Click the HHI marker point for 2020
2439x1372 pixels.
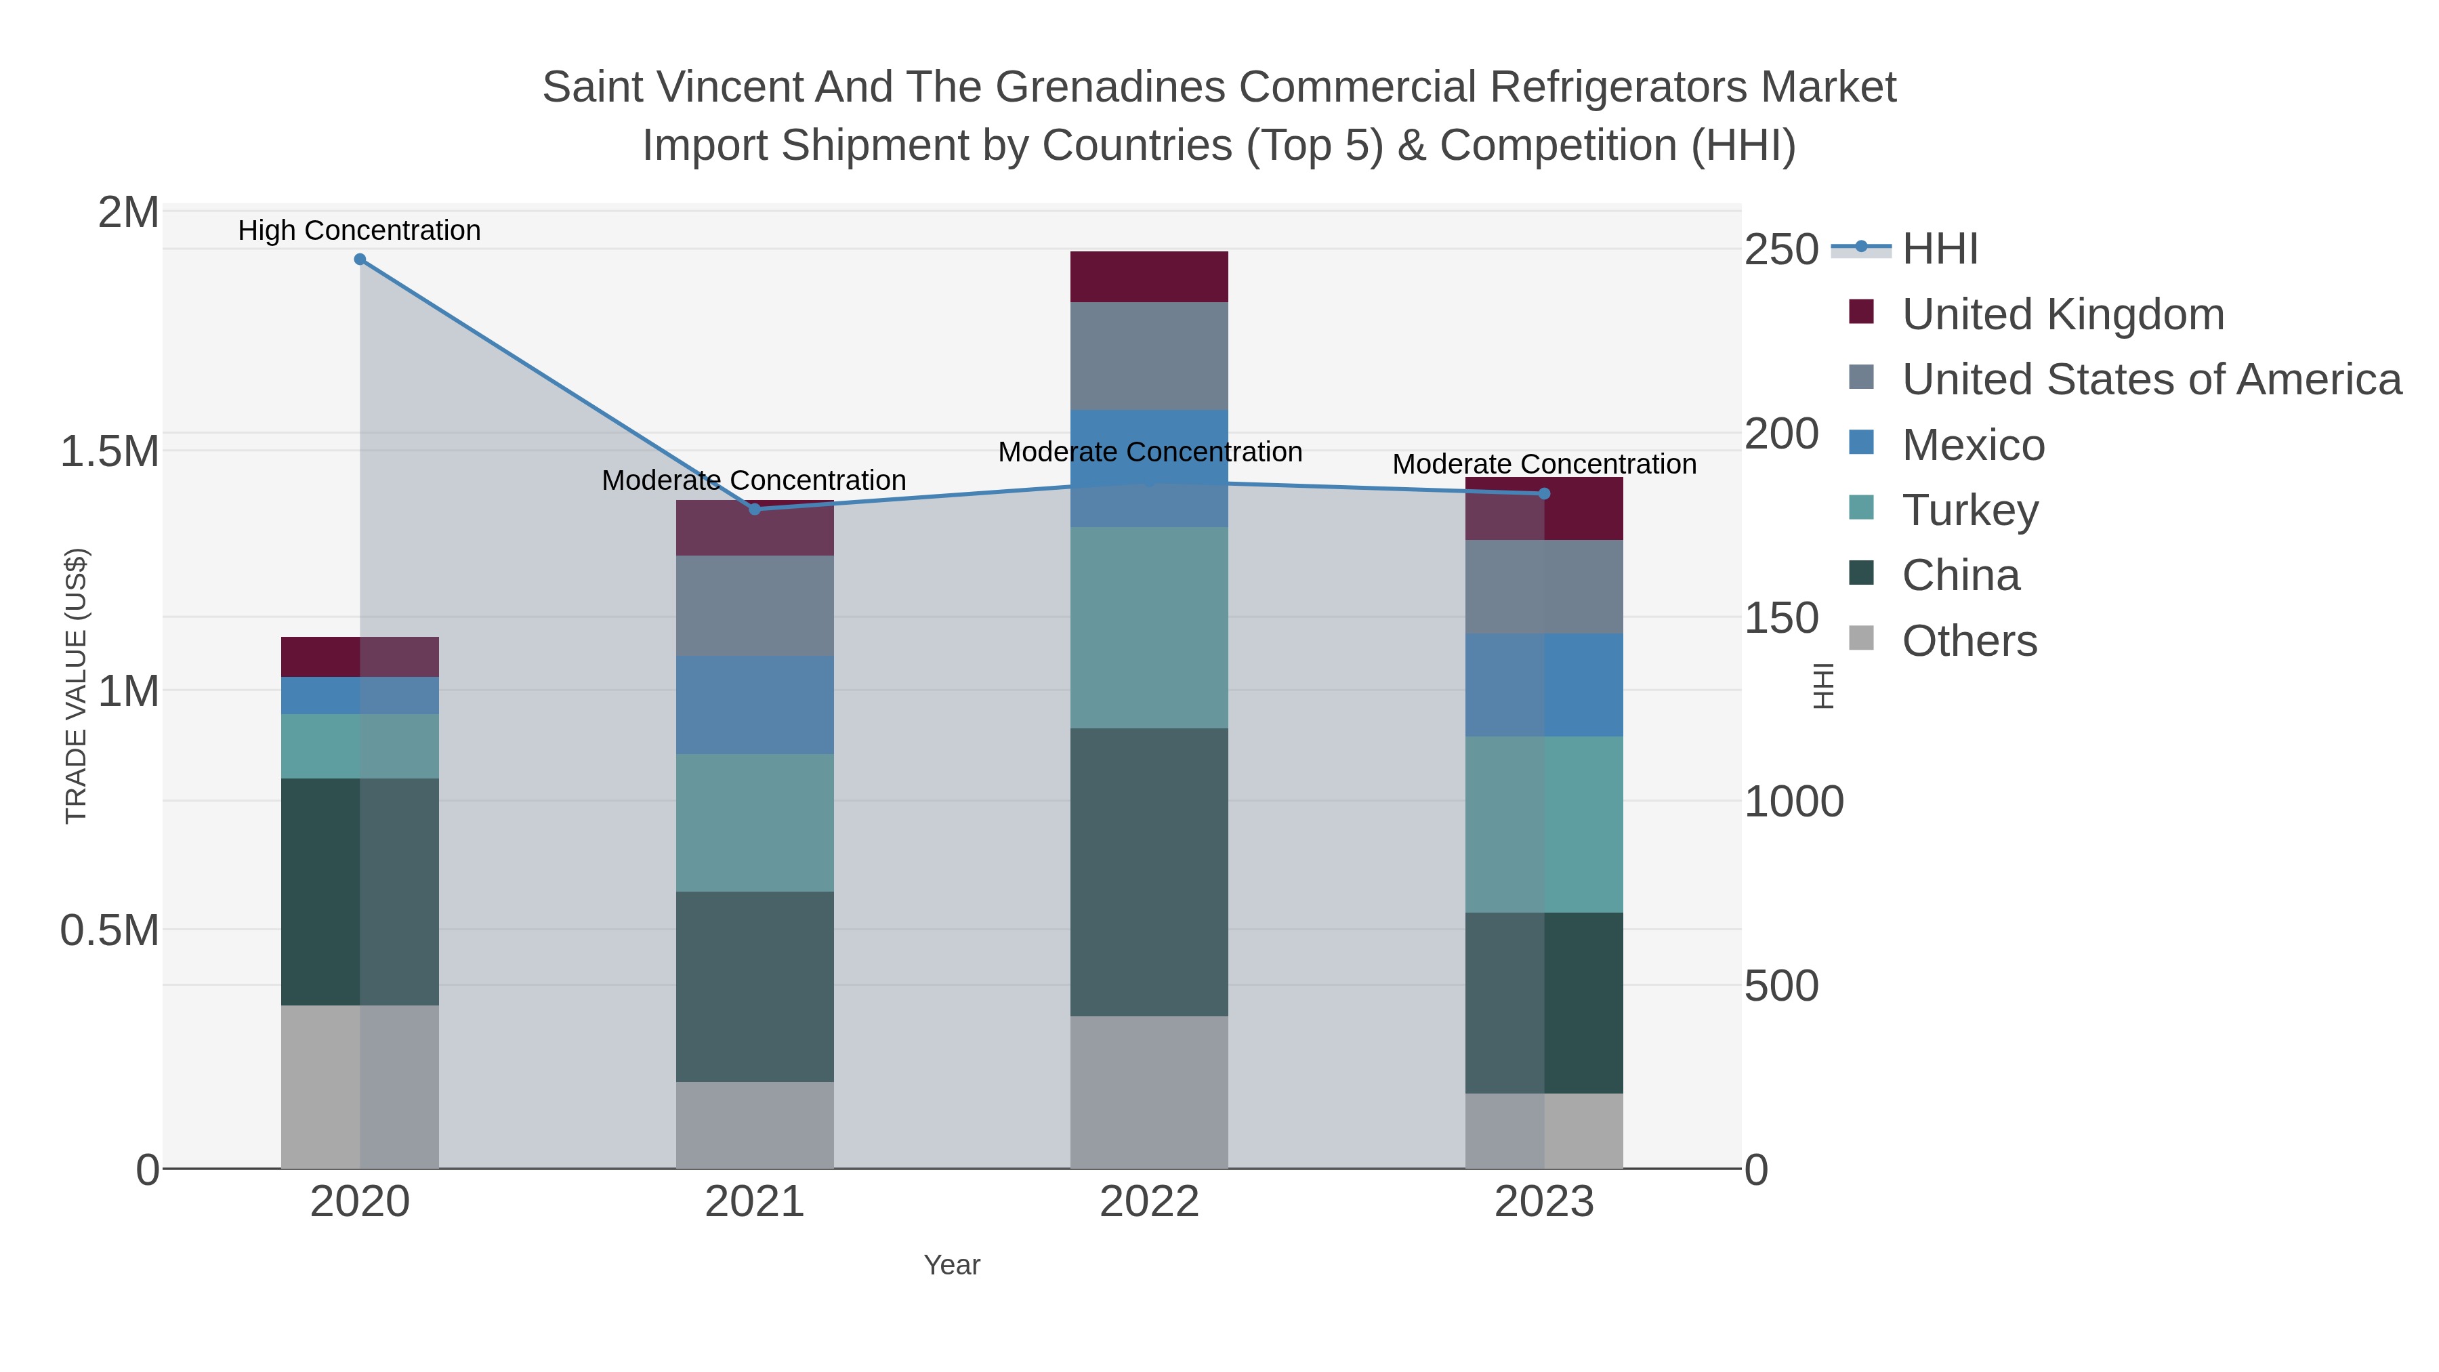(360, 259)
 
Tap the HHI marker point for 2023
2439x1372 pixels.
(1544, 493)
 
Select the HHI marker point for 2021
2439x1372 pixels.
(755, 510)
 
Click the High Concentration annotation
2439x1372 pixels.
(359, 230)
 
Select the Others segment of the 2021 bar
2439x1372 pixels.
(755, 1125)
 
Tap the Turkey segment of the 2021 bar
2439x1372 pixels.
(755, 822)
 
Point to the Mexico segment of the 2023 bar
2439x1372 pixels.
(1544, 684)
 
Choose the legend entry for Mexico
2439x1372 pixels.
(1973, 445)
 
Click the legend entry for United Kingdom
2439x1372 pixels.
(2062, 314)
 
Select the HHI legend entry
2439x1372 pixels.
(1939, 249)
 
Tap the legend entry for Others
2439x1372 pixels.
(1968, 641)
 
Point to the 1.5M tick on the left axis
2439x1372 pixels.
(110, 452)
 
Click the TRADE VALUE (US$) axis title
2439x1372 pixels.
(76, 686)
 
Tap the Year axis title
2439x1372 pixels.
(952, 1265)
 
